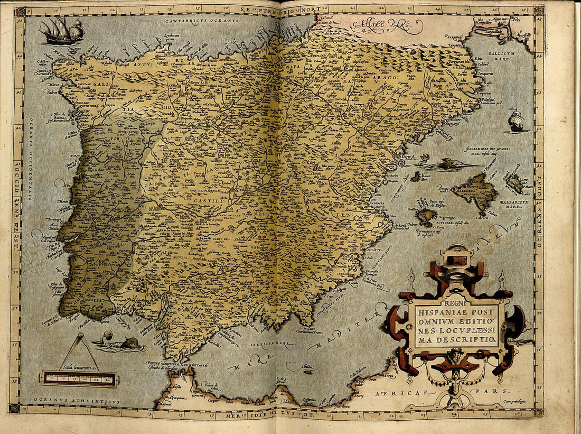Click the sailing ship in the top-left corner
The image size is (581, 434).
62,32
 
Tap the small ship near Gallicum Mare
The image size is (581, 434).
516,122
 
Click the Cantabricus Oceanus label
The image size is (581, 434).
201,21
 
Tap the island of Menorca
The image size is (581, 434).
513,182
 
